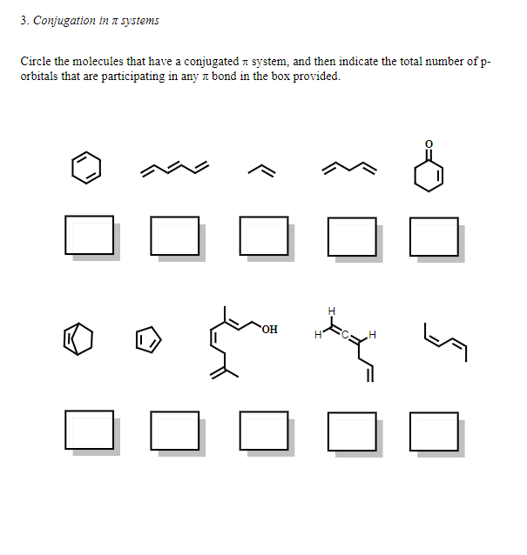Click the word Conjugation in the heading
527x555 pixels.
[x=64, y=20]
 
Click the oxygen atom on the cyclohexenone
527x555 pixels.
[x=427, y=144]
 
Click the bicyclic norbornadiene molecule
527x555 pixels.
[x=78, y=339]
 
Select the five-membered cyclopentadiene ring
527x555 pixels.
[x=148, y=338]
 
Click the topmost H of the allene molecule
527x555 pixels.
[x=331, y=311]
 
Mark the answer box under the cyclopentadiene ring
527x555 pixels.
[x=175, y=430]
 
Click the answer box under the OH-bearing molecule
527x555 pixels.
[x=263, y=430]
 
